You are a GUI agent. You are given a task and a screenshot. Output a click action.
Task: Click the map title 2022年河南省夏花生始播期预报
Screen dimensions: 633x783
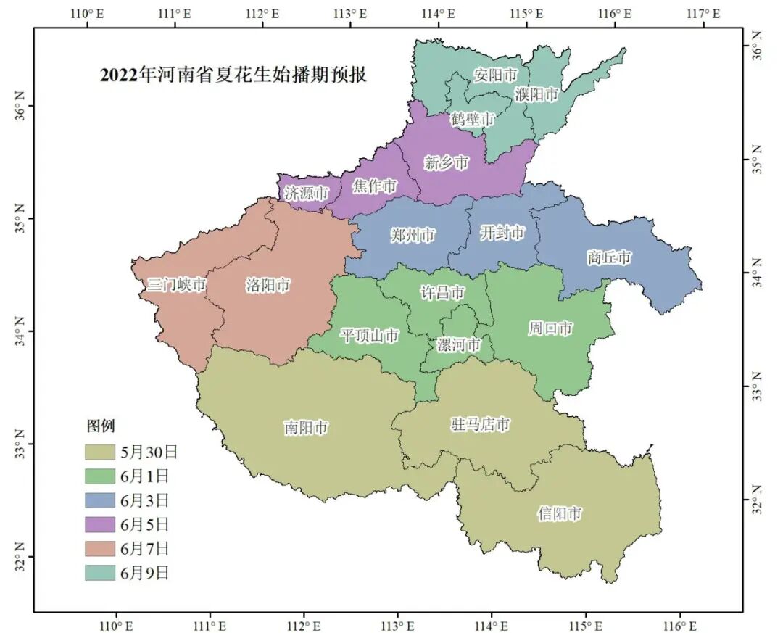pos(233,75)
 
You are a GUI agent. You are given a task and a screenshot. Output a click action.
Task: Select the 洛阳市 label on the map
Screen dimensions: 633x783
pos(268,285)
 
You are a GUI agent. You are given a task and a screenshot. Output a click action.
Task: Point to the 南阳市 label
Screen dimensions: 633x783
pos(305,428)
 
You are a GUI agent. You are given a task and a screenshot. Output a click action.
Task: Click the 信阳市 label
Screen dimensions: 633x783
pos(560,514)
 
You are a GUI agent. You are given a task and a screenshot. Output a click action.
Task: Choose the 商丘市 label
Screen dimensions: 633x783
pos(609,257)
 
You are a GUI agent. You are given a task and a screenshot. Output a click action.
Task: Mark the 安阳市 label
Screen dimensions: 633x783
pos(496,74)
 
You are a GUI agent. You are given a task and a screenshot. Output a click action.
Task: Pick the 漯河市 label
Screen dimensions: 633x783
pos(458,345)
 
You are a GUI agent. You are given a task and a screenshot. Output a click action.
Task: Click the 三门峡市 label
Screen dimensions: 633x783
pos(177,285)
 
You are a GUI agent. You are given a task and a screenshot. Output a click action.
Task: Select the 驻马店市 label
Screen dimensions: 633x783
pos(481,425)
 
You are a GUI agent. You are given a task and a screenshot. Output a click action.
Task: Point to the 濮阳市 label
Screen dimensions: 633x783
pos(537,94)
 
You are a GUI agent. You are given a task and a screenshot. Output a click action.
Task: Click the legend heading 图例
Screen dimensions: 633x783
pos(101,426)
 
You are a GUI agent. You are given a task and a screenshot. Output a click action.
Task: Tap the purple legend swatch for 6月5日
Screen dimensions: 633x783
pos(100,524)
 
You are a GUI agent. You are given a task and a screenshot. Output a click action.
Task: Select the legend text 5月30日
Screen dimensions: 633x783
pos(149,452)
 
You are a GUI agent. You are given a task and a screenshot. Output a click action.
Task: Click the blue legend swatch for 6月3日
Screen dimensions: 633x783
pos(100,500)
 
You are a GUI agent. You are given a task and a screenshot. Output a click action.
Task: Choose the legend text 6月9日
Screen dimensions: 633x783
pos(145,573)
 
